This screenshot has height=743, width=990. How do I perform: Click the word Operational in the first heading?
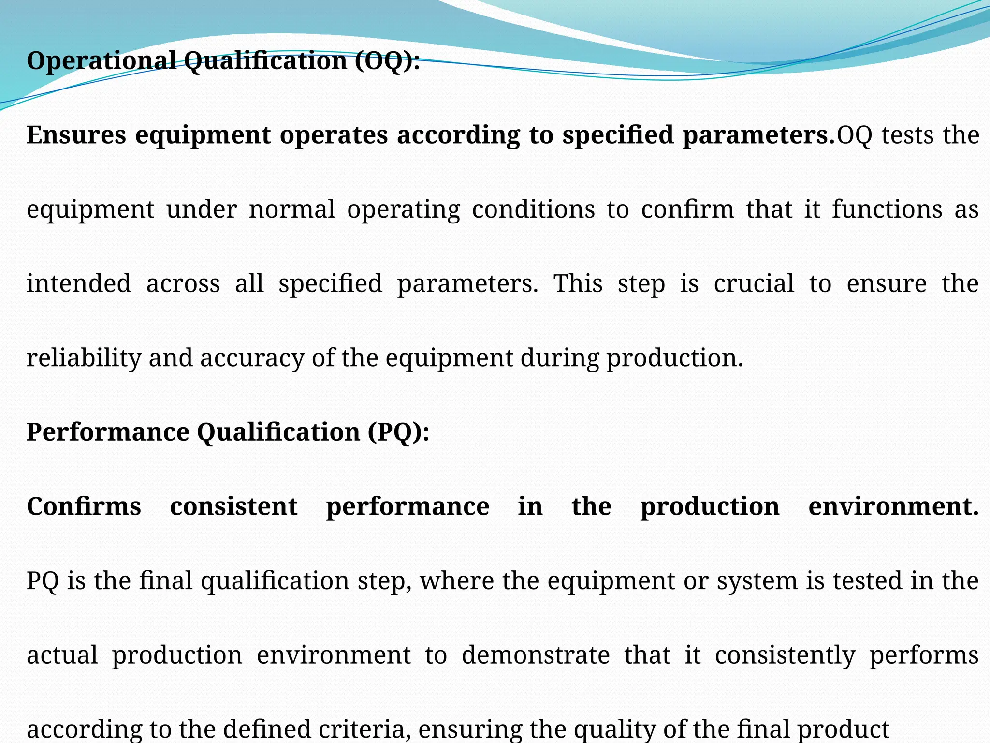click(102, 61)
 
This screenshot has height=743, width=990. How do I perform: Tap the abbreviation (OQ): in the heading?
click(387, 61)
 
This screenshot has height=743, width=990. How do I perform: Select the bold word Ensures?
click(76, 135)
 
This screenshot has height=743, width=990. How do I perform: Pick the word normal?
click(291, 209)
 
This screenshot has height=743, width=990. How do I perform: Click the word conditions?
click(533, 209)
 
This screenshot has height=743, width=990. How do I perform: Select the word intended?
click(79, 283)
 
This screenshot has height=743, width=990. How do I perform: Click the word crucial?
click(754, 283)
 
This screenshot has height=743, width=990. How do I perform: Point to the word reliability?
click(83, 358)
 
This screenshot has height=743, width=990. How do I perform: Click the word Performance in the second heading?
click(108, 432)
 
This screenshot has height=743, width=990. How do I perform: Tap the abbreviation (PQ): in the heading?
click(398, 432)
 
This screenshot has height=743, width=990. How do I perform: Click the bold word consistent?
click(234, 506)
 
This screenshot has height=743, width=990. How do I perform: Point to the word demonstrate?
click(536, 655)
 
